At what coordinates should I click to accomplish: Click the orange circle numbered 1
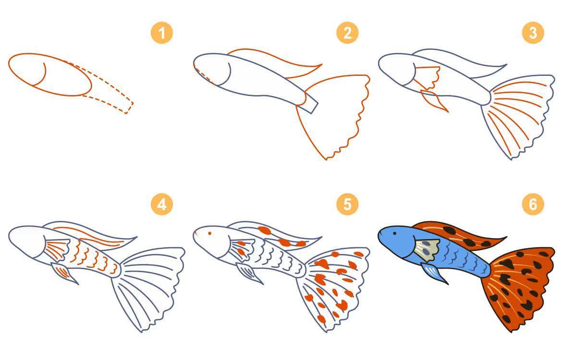pos(161,33)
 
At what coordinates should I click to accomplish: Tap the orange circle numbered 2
pos(347,33)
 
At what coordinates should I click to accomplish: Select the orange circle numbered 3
pos(533,33)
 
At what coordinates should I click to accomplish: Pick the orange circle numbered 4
pos(161,204)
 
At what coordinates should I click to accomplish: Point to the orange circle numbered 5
pos(347,204)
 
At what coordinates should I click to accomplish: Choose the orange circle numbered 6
pos(533,204)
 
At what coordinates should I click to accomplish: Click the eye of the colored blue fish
pos(394,233)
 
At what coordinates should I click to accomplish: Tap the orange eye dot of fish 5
pos(210,234)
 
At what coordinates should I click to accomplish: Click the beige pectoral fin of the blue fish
pos(427,250)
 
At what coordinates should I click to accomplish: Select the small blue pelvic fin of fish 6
pos(434,272)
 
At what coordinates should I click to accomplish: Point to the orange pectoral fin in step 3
pos(427,77)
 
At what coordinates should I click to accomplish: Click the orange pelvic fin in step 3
pos(434,100)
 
